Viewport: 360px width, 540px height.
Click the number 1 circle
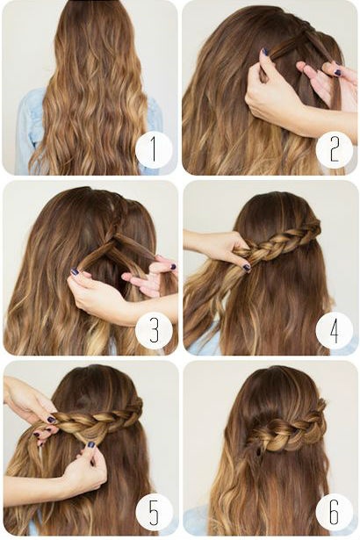(154, 150)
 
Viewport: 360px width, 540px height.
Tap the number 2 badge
(334, 150)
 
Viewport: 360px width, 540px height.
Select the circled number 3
(154, 330)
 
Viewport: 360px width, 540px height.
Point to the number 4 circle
(334, 330)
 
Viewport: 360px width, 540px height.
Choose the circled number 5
(154, 511)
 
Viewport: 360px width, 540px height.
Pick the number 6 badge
(334, 511)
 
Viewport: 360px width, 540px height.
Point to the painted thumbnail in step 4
(247, 267)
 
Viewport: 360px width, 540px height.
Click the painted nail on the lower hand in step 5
(91, 444)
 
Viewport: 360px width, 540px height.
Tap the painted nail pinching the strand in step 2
(265, 52)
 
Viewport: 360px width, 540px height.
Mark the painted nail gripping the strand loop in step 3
(75, 271)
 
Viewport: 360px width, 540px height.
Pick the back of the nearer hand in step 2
(272, 100)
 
